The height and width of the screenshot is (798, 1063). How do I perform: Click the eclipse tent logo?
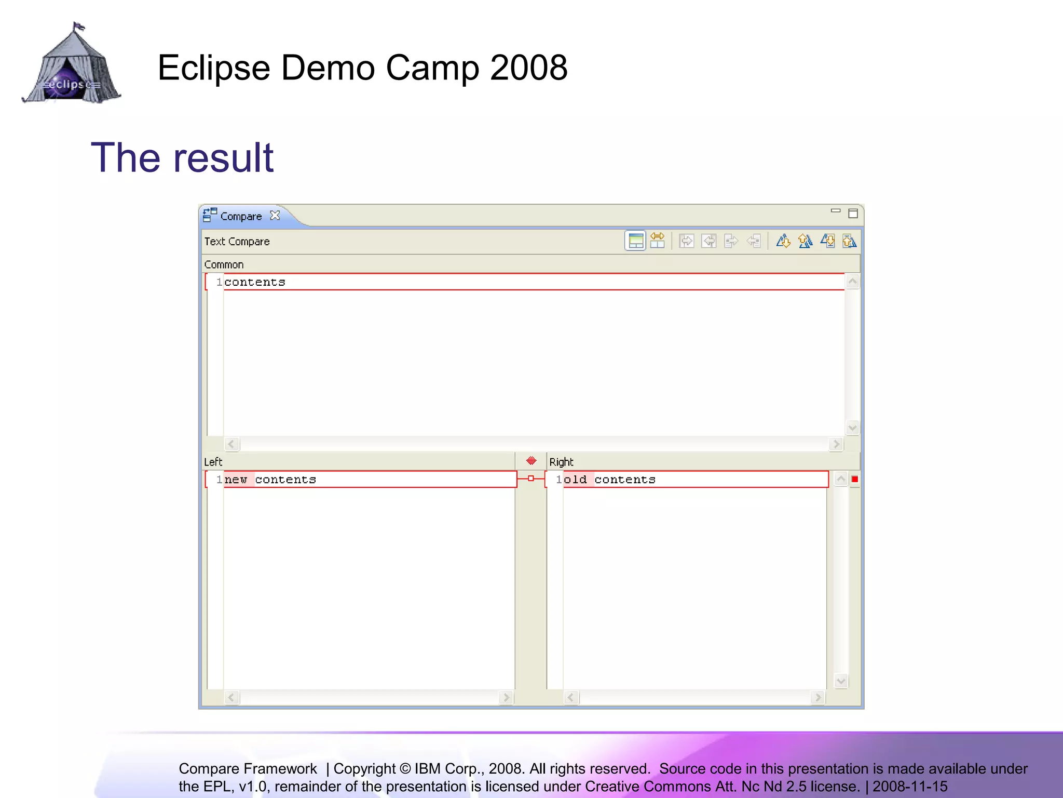tap(72, 64)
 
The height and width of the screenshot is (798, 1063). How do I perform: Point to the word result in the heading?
tap(224, 158)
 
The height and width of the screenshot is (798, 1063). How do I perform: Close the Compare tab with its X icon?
tap(275, 216)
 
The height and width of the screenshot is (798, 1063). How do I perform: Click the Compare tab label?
tap(241, 216)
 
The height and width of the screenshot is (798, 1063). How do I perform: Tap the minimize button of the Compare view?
tap(836, 211)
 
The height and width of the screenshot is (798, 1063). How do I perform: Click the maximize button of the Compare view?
tap(853, 214)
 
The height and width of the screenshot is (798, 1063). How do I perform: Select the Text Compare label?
tap(237, 242)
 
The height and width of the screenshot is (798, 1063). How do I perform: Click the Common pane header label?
tap(224, 264)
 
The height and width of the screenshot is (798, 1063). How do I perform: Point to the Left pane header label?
tap(213, 462)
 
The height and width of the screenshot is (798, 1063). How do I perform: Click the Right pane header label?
tap(561, 462)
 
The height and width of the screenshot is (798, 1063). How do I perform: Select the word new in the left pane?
tap(236, 480)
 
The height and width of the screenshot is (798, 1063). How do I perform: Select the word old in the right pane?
tap(575, 480)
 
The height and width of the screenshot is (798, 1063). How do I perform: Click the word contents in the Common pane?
tap(255, 282)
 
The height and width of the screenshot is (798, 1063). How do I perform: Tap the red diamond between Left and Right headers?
tap(531, 461)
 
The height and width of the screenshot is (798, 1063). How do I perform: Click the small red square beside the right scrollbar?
tap(855, 479)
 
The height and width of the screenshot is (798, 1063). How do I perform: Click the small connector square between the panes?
tap(531, 478)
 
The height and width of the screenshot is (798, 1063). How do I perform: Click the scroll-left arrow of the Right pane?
tap(571, 697)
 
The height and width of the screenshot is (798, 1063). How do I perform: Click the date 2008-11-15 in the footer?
tap(910, 787)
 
